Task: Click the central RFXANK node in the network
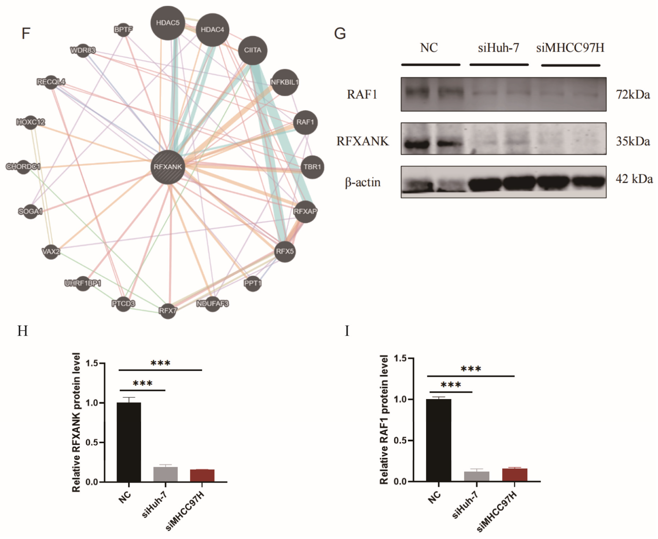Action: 168,167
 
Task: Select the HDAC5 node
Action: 168,23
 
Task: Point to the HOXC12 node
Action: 30,122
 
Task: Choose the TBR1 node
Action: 312,167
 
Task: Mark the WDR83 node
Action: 83,50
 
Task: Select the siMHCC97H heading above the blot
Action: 570,48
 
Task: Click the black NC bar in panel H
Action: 129,443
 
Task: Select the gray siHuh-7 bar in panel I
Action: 477,477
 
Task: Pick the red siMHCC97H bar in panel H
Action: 202,476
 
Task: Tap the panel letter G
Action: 340,34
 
